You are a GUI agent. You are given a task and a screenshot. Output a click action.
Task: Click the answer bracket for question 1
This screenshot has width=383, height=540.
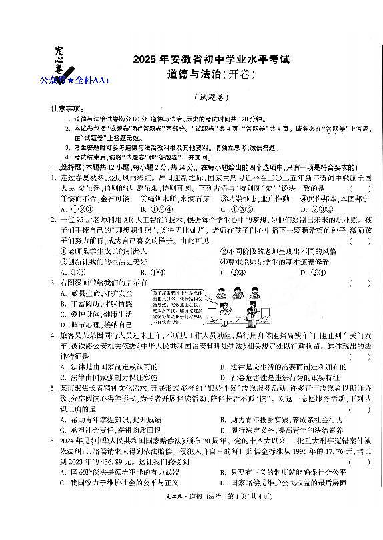(359, 189)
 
